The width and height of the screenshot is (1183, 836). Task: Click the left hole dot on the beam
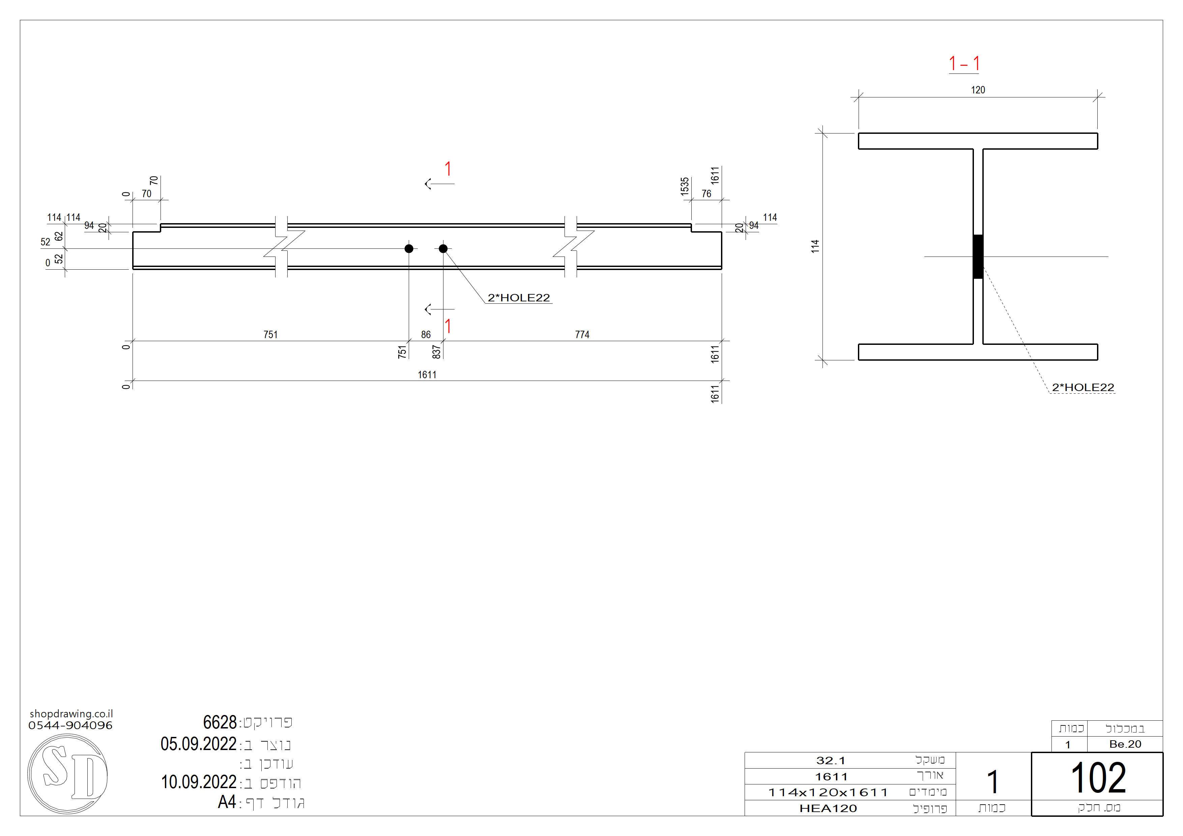[409, 249]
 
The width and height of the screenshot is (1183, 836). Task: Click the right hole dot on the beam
[443, 249]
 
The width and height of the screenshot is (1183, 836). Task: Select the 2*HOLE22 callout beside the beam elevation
[519, 298]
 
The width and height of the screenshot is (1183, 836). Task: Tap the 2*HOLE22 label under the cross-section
[1083, 387]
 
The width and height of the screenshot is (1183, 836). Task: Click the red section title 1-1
[964, 64]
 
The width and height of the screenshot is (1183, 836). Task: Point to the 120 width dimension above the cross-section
[978, 90]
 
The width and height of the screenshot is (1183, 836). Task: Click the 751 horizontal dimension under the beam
[270, 335]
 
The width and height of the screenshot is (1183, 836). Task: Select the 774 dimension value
[582, 335]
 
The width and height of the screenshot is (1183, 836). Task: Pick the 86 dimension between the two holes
[426, 335]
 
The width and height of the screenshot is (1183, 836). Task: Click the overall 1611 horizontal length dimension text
[427, 375]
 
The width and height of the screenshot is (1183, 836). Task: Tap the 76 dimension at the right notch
[706, 194]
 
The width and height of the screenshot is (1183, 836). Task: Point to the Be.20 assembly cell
[1125, 744]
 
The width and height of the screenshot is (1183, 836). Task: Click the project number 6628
[220, 722]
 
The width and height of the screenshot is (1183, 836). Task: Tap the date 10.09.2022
[199, 782]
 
